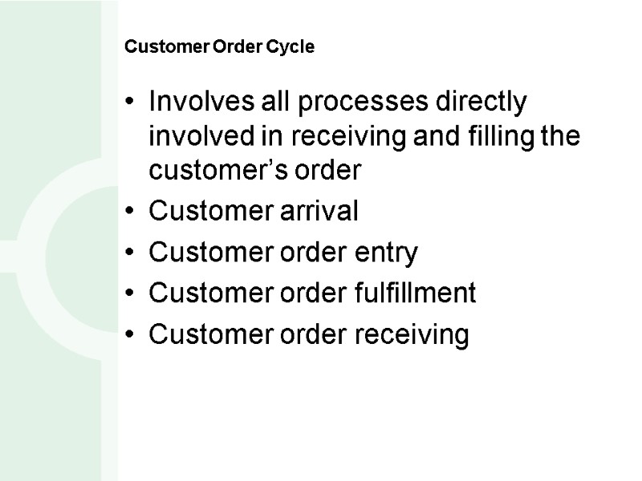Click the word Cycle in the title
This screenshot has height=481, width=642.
pyautogui.click(x=293, y=47)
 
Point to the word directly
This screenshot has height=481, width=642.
pyautogui.click(x=478, y=103)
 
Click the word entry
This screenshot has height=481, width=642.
pyautogui.click(x=388, y=253)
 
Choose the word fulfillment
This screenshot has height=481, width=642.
pyautogui.click(x=416, y=294)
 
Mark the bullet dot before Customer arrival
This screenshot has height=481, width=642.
pyautogui.click(x=131, y=213)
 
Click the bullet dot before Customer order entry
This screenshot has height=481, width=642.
pyautogui.click(x=131, y=254)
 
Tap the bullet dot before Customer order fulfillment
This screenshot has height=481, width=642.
pyautogui.click(x=131, y=295)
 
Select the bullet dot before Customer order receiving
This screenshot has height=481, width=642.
pyautogui.click(x=131, y=336)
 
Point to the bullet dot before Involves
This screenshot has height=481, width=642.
pyautogui.click(x=131, y=104)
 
